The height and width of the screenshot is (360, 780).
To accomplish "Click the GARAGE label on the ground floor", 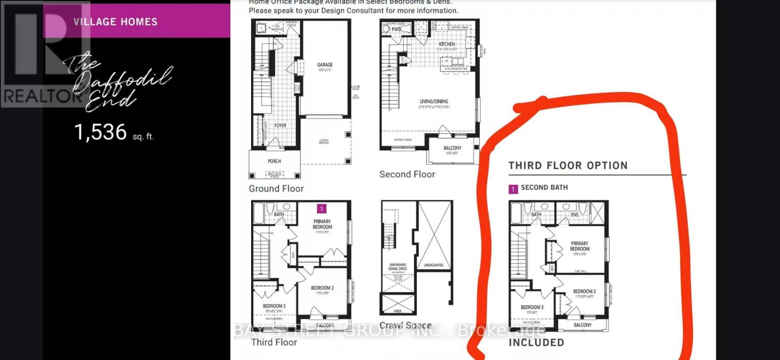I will point(325,64).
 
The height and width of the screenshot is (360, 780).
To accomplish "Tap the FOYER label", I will point(280,125).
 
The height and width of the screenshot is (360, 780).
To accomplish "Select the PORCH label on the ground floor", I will point(274,161).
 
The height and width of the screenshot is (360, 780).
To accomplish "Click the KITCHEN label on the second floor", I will point(447,44).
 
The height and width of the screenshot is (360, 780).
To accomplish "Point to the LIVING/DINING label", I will point(434,101).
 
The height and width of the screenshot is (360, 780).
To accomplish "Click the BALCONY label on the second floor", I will point(452,148).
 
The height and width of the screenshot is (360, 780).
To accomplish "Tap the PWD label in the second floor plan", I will point(396,29).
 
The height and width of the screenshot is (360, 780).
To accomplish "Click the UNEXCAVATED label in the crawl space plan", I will point(433,265).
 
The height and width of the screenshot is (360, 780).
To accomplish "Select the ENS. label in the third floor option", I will point(575,215).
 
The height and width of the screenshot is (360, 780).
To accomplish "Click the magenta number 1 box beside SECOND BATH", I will point(513,189).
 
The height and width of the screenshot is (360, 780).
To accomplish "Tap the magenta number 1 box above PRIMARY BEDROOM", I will point(321,209).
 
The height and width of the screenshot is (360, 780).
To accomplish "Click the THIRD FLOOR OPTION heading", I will point(568,165).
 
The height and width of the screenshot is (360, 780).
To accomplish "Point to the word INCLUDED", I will point(536,342).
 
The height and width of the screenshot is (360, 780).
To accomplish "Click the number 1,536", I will point(100,132).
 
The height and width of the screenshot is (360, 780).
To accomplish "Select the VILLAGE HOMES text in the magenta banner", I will point(116,21).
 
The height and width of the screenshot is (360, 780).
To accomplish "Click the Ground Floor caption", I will point(276,188).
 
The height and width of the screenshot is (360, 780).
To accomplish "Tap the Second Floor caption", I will point(407,174).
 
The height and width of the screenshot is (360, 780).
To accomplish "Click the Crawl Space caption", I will point(405,325).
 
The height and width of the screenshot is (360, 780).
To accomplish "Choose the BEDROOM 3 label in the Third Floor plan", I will point(274,306).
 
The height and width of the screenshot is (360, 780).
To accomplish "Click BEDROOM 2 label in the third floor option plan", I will point(584,291).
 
